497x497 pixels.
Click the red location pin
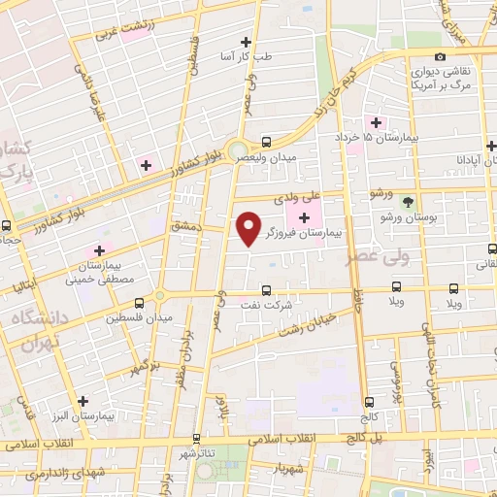click(249, 227)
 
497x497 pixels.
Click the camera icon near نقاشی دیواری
click(440, 57)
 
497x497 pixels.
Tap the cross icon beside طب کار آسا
click(246, 42)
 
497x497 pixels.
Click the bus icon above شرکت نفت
click(265, 288)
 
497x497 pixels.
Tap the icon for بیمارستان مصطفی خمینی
click(98, 250)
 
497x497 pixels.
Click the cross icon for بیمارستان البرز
click(83, 400)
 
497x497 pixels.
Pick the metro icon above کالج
click(369, 402)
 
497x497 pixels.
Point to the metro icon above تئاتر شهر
click(196, 439)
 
